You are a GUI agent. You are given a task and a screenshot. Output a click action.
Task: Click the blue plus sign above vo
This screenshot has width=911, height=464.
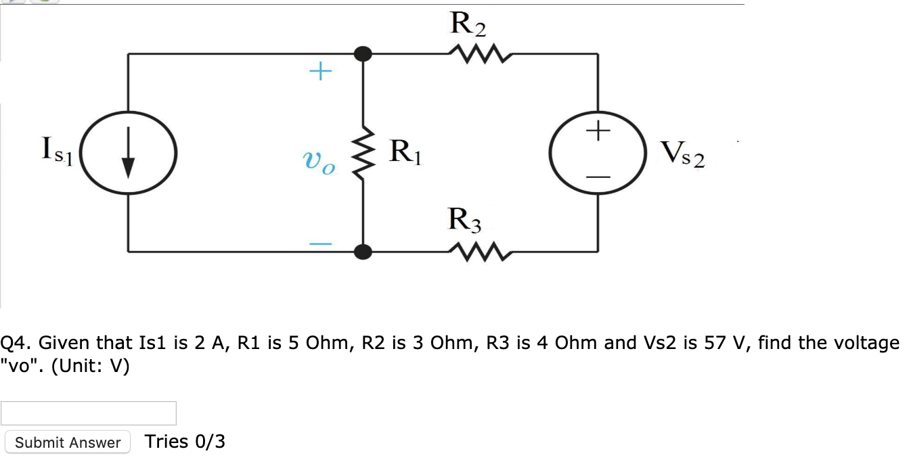321,71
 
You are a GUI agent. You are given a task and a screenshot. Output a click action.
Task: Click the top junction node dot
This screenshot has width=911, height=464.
364,53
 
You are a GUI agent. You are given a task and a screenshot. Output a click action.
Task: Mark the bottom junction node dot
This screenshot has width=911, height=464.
364,252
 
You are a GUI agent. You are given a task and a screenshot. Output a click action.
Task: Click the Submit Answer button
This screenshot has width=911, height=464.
68,442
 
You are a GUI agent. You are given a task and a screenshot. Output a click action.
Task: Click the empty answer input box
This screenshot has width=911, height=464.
89,413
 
